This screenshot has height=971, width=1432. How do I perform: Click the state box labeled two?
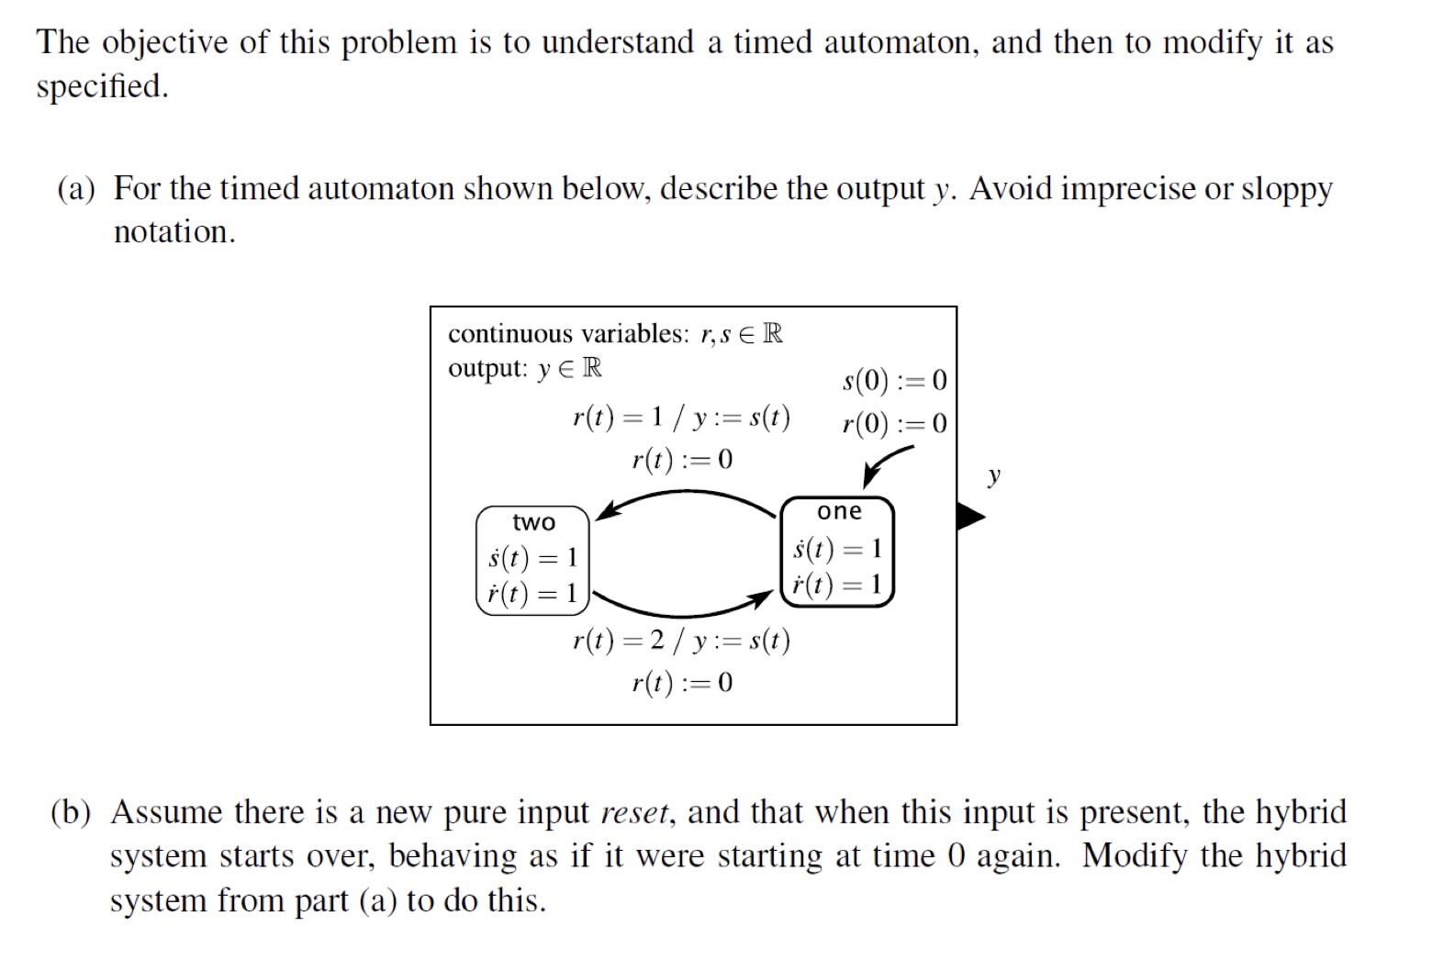(x=532, y=561)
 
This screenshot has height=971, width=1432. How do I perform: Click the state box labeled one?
(x=837, y=551)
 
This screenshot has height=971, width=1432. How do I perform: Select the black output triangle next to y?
(x=968, y=516)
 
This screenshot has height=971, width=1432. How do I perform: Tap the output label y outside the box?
(x=993, y=475)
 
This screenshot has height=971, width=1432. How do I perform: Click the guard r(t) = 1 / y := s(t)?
(x=680, y=418)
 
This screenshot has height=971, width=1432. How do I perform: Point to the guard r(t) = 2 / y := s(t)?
(x=680, y=640)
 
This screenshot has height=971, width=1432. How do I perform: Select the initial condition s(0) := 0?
(x=894, y=380)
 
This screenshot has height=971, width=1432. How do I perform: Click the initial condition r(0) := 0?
(x=894, y=423)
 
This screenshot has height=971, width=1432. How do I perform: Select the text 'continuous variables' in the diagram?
(x=567, y=333)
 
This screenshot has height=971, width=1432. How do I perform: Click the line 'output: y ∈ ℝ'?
(x=524, y=368)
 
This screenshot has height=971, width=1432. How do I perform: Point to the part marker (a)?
(x=76, y=189)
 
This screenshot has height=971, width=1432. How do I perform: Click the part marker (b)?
(x=72, y=813)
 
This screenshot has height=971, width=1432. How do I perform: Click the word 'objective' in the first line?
(x=165, y=43)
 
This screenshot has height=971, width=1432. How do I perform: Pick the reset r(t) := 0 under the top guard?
(x=682, y=459)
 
